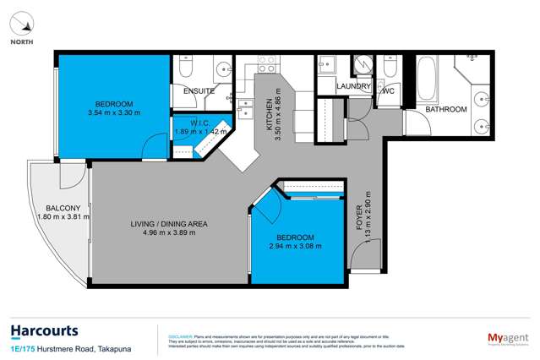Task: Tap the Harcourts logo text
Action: click(x=46, y=330)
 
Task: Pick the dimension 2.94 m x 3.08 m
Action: click(x=295, y=246)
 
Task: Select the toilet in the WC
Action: click(x=389, y=66)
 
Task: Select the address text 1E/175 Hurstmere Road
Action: click(x=51, y=348)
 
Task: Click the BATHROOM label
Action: click(x=445, y=110)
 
